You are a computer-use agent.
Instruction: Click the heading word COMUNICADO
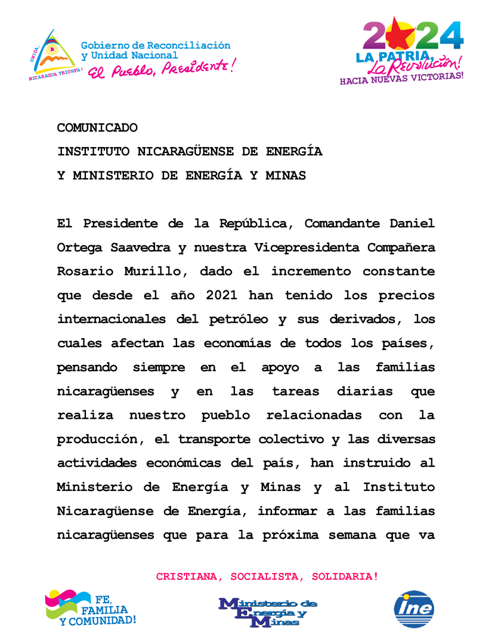coord(97,128)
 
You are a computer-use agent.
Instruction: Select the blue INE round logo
coord(414,609)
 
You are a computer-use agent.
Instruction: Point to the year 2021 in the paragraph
coord(225,295)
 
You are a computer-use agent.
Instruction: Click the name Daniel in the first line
coord(412,223)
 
